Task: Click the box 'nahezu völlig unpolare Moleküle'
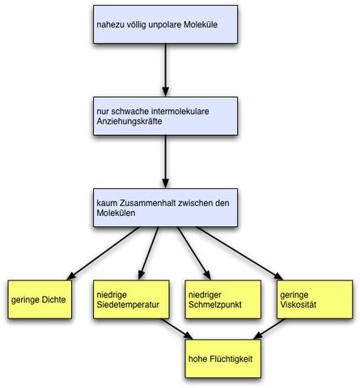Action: pyautogui.click(x=165, y=25)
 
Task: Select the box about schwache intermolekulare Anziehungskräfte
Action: pyautogui.click(x=165, y=116)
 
